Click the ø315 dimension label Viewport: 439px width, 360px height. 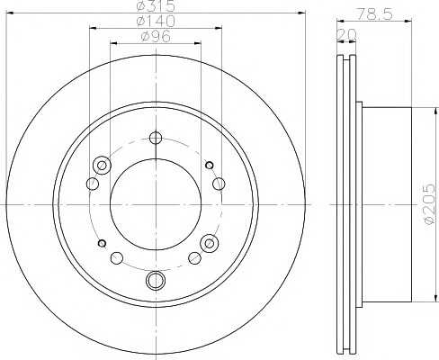click(156, 6)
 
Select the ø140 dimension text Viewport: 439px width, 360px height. click(156, 21)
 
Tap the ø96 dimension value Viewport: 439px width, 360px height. click(156, 37)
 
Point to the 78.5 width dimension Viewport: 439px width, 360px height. click(374, 13)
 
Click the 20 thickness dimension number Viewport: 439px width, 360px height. click(347, 35)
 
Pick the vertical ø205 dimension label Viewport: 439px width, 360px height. click(429, 203)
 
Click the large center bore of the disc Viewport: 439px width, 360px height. click(156, 204)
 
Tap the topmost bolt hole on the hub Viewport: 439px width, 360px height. click(156, 138)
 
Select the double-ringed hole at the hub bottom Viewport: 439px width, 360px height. click(156, 280)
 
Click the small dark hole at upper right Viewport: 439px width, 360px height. click(210, 165)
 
